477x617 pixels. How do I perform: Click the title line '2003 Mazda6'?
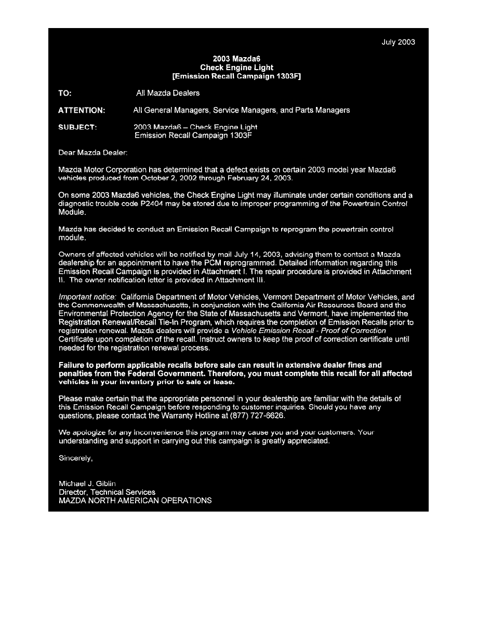(x=237, y=59)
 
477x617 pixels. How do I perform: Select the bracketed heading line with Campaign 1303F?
(x=237, y=76)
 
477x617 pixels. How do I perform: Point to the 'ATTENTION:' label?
(x=82, y=110)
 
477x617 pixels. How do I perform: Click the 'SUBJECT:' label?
(x=77, y=127)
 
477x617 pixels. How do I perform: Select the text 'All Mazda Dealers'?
(x=167, y=93)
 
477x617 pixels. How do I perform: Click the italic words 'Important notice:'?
(x=88, y=297)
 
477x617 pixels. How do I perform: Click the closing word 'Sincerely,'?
(x=76, y=458)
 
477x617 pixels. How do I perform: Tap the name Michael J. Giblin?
(x=87, y=484)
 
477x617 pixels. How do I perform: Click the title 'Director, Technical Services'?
(x=107, y=492)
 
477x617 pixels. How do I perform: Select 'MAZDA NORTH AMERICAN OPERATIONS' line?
(x=135, y=501)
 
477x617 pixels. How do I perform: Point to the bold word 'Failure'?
(x=73, y=365)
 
